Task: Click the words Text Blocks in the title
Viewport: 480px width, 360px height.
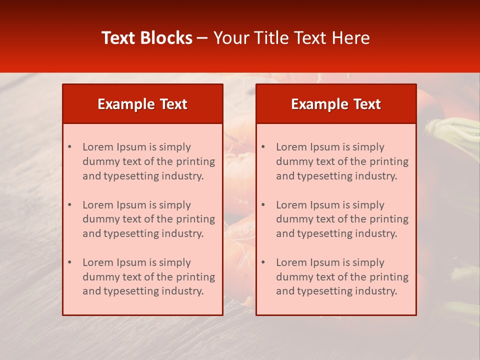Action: tap(147, 38)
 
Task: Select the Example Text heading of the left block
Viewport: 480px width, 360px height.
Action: tap(142, 104)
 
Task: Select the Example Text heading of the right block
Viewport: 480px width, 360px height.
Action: tap(336, 104)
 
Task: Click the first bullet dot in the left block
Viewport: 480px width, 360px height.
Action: tap(69, 147)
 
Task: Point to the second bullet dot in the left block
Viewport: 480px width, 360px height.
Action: tap(69, 205)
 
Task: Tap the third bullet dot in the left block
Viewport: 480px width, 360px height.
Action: tap(69, 262)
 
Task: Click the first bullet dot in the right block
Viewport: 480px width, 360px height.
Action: tap(263, 147)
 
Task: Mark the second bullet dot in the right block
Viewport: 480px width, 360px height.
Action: tap(263, 205)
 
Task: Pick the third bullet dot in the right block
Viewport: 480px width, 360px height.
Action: tap(263, 262)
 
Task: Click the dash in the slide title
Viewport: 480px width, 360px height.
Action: tap(202, 38)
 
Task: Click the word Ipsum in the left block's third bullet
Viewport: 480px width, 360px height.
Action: tap(131, 262)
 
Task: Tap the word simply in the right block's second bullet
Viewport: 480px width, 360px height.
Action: tap(369, 205)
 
